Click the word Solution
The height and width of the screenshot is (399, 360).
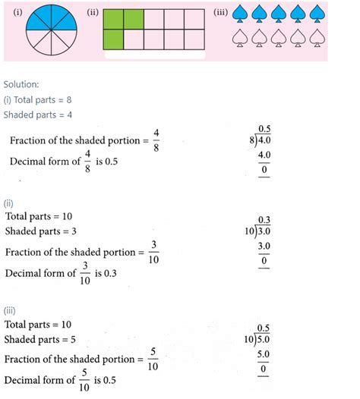[24, 83]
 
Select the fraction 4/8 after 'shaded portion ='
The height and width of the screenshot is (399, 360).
[155, 140]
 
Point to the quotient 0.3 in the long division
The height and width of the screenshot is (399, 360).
[265, 220]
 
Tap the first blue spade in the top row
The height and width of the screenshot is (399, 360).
[240, 15]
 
